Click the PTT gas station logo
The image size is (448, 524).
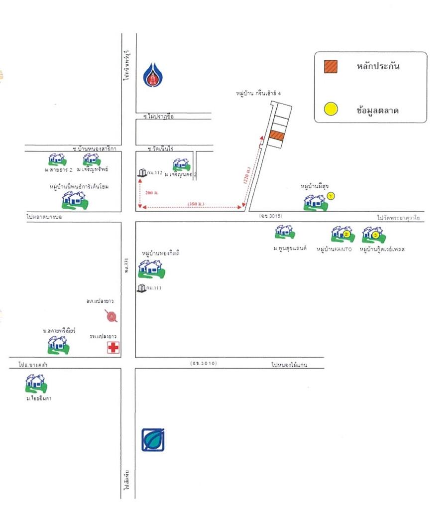(x=152, y=76)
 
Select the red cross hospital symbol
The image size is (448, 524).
(x=113, y=348)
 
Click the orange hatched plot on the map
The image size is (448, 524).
(x=277, y=135)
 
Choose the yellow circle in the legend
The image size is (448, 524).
(x=331, y=109)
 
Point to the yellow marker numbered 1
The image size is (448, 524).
(x=332, y=196)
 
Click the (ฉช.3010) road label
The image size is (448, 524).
(x=204, y=363)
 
